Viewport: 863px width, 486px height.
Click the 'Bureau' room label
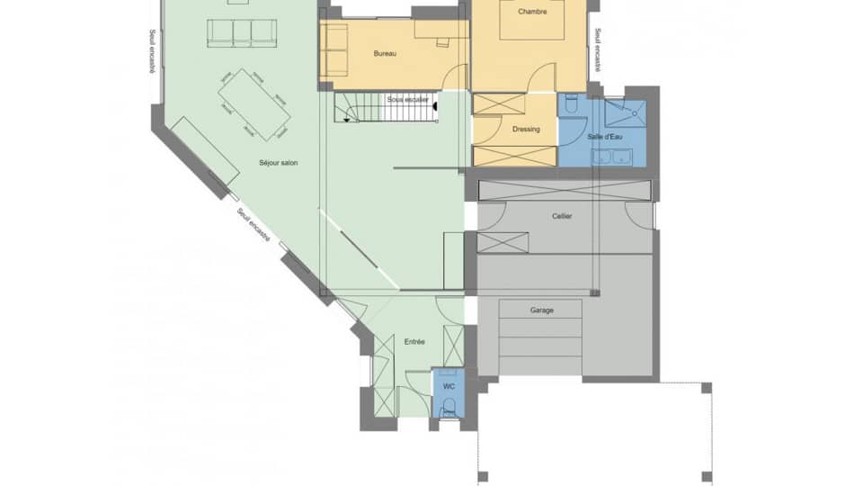pos(385,54)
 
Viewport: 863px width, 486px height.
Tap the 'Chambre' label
pos(532,12)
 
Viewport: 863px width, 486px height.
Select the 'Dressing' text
pos(526,130)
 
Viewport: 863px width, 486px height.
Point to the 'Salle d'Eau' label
pos(605,137)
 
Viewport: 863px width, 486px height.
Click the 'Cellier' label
pos(563,216)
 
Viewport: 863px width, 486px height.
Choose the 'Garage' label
pos(542,310)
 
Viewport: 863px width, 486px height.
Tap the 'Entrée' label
pos(414,342)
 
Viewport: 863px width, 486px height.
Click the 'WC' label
pos(449,386)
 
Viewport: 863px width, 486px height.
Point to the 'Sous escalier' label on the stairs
pos(407,99)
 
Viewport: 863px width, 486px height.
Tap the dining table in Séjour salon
pos(254,104)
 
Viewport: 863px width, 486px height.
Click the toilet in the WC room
pos(449,406)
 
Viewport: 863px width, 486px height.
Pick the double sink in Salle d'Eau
pos(612,157)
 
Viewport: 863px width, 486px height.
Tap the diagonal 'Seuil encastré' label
pos(254,226)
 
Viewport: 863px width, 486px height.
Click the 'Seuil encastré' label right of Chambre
pos(597,50)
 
